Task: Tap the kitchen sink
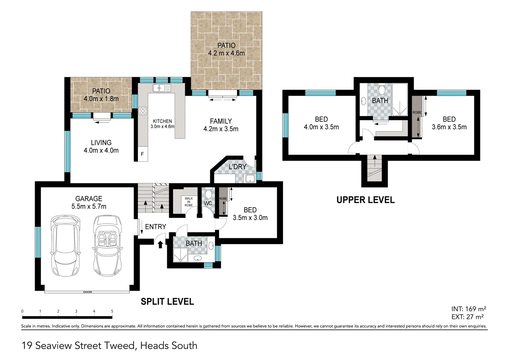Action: [x=162, y=88]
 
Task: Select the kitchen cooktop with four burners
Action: [x=143, y=111]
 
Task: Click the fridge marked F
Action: [x=143, y=154]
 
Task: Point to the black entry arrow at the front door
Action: [x=160, y=244]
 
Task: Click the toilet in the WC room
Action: [x=208, y=194]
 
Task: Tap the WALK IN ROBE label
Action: [x=189, y=202]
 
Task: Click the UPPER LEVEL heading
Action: [x=365, y=200]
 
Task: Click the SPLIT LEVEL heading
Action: [x=167, y=302]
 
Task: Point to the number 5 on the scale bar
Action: [x=112, y=311]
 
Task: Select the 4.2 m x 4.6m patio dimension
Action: [x=226, y=53]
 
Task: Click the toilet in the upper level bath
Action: [x=382, y=89]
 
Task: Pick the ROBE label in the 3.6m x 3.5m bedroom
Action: [x=416, y=113]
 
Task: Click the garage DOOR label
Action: [x=87, y=292]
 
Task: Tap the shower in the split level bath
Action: [x=181, y=255]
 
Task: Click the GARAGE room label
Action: [x=89, y=199]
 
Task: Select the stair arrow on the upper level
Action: [x=375, y=161]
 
